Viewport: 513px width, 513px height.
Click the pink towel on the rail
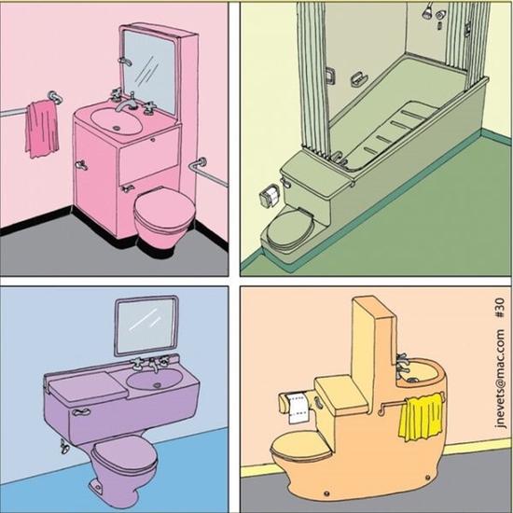click(42, 129)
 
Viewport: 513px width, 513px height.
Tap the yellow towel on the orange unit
click(421, 417)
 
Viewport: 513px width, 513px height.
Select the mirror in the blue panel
click(146, 326)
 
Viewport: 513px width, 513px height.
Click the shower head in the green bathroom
click(426, 11)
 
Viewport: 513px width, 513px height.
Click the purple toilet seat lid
click(124, 454)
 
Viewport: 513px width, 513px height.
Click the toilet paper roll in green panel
click(270, 197)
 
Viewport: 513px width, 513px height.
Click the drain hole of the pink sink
click(117, 128)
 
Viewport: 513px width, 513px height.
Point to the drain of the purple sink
click(157, 385)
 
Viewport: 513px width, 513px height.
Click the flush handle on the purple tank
click(81, 412)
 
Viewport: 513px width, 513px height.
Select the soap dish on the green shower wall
click(358, 78)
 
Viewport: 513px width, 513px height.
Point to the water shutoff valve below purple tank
click(63, 447)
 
